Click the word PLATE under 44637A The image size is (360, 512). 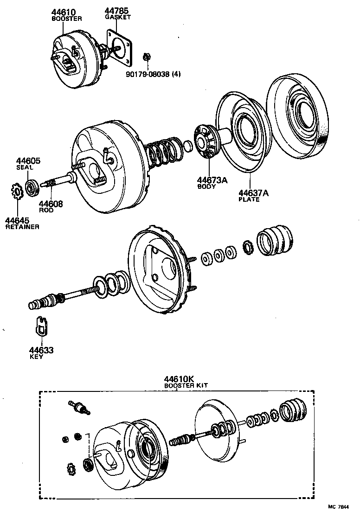[x=249, y=200]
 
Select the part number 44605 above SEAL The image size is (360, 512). [x=28, y=161]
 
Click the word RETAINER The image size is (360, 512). [x=22, y=227]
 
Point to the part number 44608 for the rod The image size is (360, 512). [x=51, y=204]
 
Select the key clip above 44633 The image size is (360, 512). [x=41, y=326]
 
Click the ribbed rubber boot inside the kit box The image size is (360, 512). [x=293, y=410]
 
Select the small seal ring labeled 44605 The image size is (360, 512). [x=32, y=187]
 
